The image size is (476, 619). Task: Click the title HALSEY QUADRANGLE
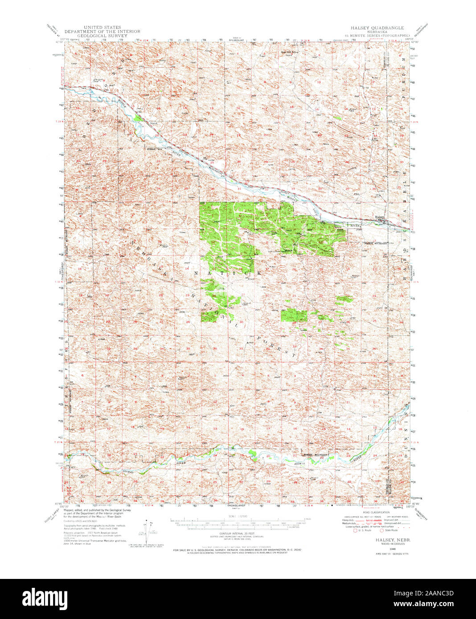click(377, 28)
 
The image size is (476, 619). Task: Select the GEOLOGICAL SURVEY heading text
click(102, 36)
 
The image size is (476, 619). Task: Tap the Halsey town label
click(379, 217)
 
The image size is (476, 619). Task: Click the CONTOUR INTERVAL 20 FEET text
click(236, 533)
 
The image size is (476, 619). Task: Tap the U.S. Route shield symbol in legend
click(355, 530)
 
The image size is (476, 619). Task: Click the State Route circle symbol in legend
click(382, 530)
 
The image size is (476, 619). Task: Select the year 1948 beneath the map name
click(380, 549)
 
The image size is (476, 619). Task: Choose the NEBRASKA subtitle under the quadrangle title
click(377, 31)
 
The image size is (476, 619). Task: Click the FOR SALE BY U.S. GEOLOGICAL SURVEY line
click(238, 550)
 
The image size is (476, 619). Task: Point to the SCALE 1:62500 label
click(236, 517)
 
